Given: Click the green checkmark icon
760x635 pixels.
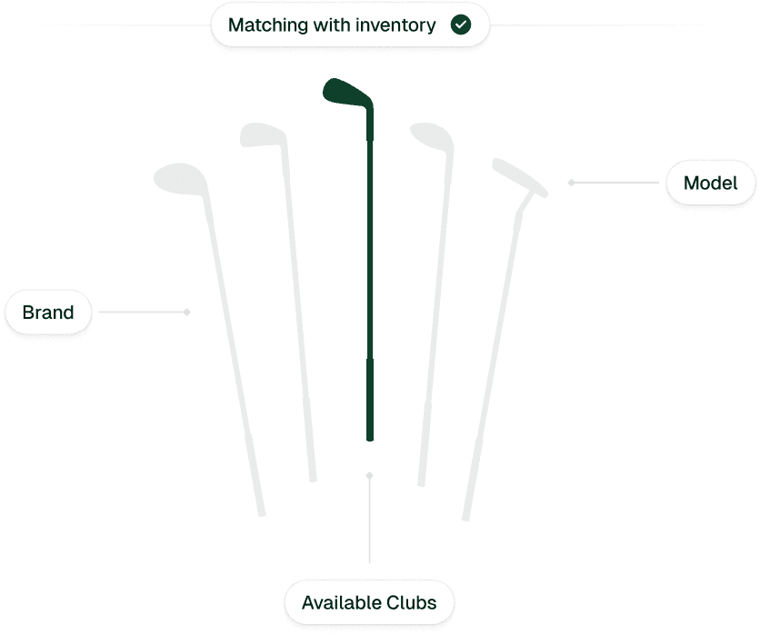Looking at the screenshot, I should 461,25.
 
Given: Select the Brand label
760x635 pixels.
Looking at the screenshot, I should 48,313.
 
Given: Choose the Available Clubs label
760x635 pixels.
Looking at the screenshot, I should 369,602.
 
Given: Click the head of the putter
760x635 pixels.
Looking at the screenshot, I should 519,177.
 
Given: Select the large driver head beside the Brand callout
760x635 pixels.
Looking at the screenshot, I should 178,177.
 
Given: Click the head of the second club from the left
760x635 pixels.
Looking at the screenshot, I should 262,135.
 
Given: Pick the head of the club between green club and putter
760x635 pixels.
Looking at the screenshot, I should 431,135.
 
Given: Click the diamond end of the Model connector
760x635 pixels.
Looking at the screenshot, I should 571,183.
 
